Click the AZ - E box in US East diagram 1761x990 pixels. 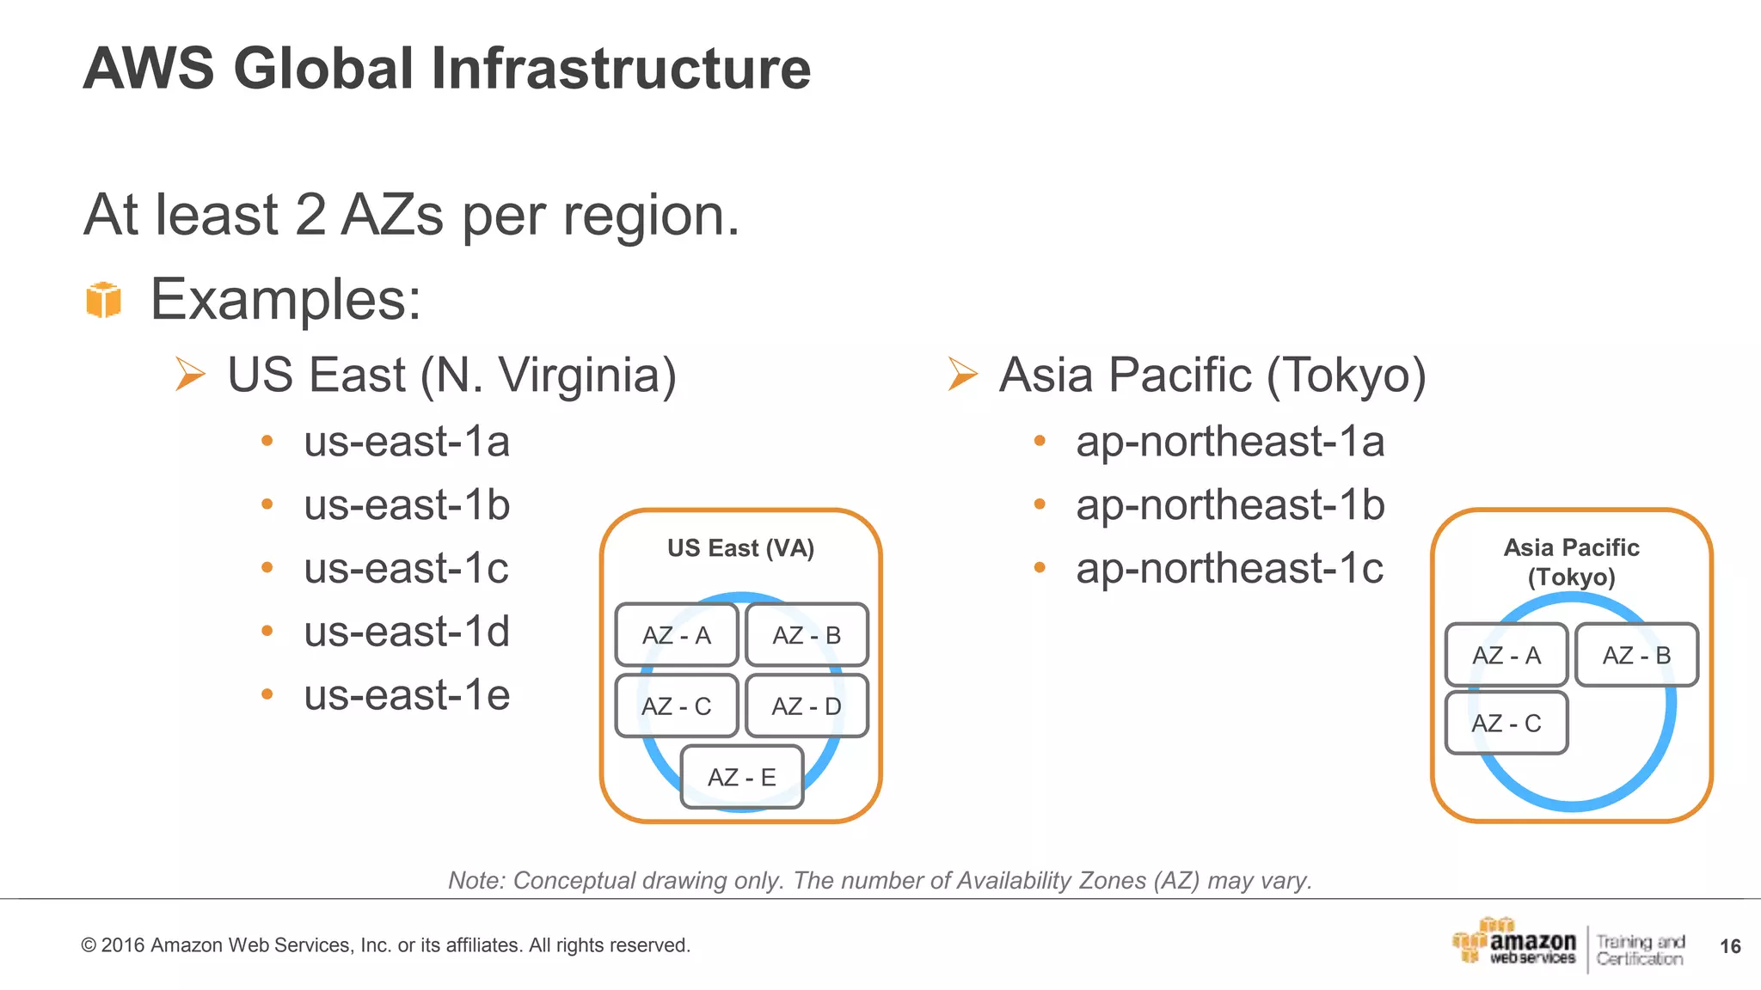(741, 777)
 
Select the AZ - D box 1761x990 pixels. (807, 706)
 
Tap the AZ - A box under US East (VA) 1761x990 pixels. (677, 635)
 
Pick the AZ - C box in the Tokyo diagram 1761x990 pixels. (1506, 723)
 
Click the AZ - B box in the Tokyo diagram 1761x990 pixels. (1636, 655)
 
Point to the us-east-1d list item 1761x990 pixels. (407, 632)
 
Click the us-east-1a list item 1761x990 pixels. (407, 442)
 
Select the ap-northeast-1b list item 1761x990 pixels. (1230, 504)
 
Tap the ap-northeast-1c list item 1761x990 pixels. (1230, 568)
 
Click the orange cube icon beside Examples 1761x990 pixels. (104, 300)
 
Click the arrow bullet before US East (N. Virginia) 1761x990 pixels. (190, 374)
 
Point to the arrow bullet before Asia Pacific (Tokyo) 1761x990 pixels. (962, 374)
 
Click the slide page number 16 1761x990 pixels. (1730, 946)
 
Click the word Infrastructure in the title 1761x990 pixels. (620, 68)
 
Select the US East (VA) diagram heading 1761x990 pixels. (740, 548)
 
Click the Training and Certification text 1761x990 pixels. (1640, 950)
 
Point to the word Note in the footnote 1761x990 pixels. (475, 881)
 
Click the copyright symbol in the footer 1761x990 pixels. (89, 945)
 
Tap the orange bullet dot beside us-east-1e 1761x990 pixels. (267, 694)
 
